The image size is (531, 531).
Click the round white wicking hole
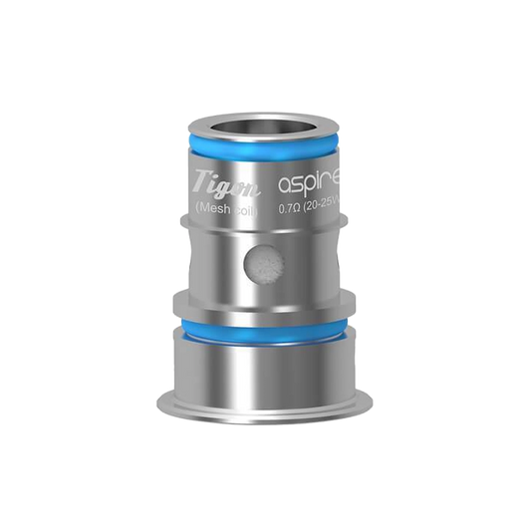263,264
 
